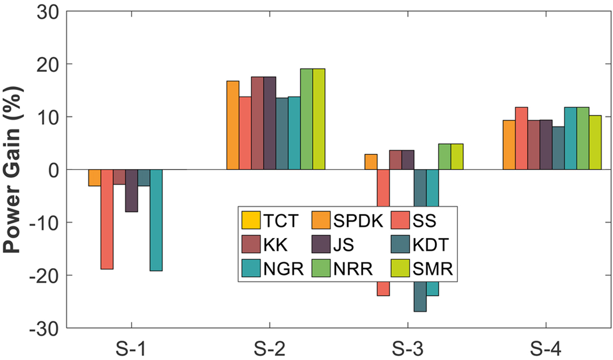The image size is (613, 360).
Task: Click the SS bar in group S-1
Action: [107, 220]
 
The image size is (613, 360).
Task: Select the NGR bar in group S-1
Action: [156, 220]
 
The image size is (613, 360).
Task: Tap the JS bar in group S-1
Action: [132, 190]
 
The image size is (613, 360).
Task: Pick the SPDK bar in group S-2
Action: [233, 125]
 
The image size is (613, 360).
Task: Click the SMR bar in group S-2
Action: [319, 119]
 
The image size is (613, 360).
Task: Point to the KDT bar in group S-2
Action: [282, 134]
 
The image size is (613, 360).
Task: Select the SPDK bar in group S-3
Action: [371, 162]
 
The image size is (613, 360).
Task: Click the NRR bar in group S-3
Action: [445, 157]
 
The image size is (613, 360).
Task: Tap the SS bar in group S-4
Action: [522, 138]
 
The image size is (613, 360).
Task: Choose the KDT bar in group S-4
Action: [558, 148]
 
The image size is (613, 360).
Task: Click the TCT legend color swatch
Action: [251, 220]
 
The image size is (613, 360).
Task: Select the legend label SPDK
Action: [358, 221]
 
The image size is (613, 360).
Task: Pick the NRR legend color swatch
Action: [321, 268]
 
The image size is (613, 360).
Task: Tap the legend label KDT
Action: [431, 245]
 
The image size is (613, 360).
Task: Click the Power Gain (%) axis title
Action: [12, 170]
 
